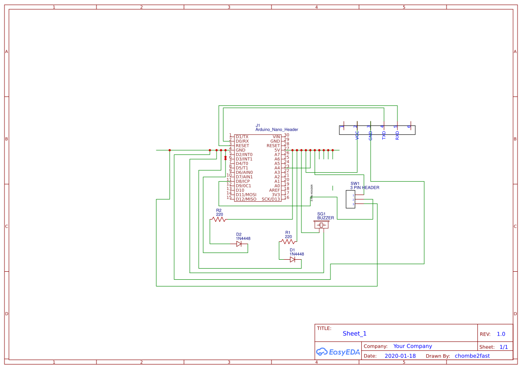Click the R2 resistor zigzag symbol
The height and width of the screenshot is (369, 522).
pos(218,219)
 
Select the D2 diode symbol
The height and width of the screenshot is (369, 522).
pos(239,244)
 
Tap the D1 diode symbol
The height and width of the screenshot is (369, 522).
pos(292,260)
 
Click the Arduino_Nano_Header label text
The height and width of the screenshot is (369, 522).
pos(276,130)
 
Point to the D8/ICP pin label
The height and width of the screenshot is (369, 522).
pos(243,181)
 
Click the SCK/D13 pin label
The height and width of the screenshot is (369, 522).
pos(271,199)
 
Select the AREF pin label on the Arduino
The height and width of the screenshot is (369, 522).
pos(274,190)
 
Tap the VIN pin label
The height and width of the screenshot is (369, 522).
pos(276,137)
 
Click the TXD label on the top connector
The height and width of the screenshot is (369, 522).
pos(384,136)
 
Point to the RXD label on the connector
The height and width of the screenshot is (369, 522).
pos(397,136)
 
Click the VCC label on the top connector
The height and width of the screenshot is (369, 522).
pos(357,136)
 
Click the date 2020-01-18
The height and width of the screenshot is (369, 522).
pos(400,356)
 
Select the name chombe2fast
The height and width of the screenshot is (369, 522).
pos(472,356)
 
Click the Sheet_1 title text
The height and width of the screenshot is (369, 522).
pos(355,333)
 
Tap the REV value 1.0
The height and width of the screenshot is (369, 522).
pos(501,334)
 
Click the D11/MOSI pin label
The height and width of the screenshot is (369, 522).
pos(246,195)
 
